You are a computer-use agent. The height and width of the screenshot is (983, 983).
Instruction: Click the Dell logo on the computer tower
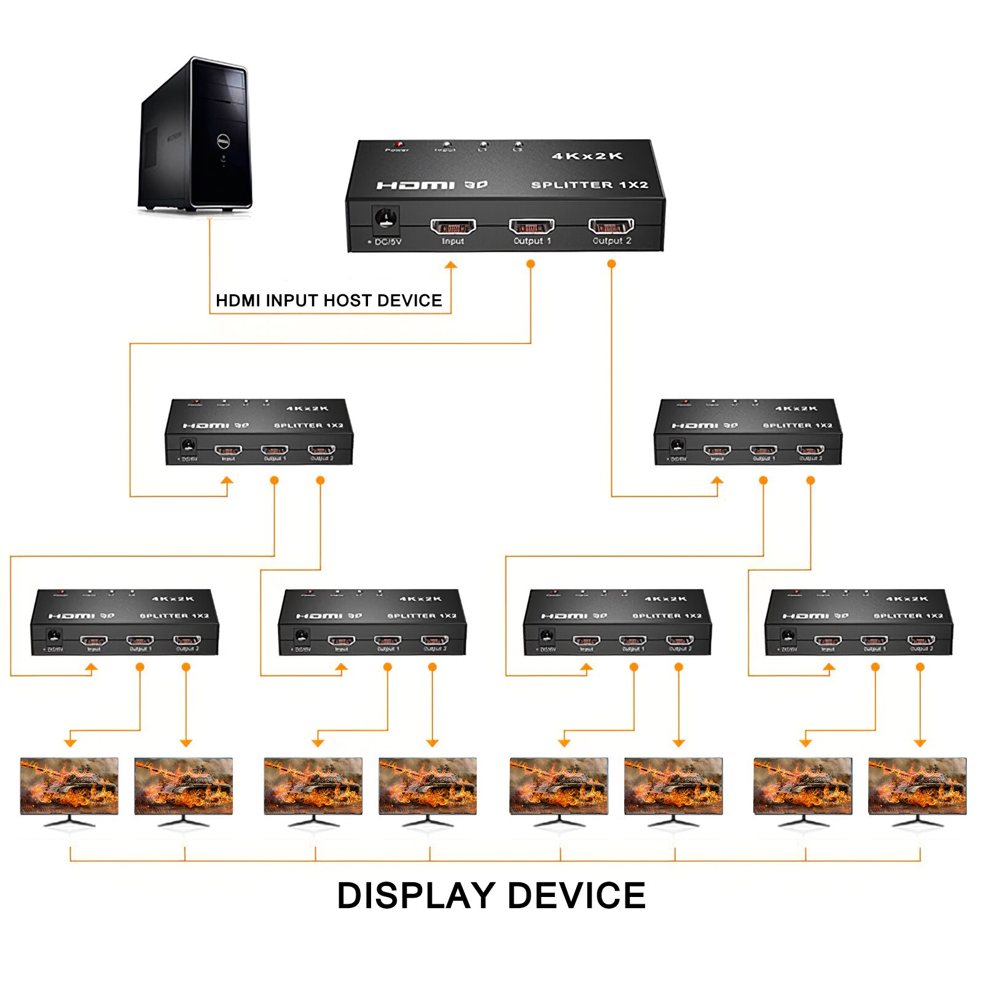(x=224, y=142)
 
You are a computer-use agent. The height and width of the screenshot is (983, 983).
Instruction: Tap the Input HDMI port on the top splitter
(x=453, y=227)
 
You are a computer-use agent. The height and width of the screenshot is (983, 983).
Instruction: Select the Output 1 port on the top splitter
(x=531, y=227)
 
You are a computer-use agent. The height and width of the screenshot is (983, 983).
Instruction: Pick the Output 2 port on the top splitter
(x=611, y=227)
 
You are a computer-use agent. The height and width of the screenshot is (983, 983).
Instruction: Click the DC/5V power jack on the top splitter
(x=386, y=218)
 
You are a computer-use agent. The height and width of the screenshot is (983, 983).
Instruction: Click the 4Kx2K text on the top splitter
(x=587, y=156)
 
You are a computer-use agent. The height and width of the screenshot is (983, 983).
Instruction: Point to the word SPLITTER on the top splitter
(x=571, y=184)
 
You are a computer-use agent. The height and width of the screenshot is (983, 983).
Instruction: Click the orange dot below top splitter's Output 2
(x=611, y=264)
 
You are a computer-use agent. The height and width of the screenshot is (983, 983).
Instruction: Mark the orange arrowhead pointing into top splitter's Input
(x=451, y=265)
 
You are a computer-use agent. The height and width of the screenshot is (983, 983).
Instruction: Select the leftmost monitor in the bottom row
(x=69, y=786)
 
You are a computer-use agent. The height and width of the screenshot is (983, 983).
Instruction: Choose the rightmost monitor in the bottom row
(x=917, y=786)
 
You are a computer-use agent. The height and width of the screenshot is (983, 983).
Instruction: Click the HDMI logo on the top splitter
(x=415, y=185)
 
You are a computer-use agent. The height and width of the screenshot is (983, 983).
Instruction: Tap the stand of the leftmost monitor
(x=69, y=821)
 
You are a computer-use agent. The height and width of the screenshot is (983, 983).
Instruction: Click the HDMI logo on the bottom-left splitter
(x=71, y=616)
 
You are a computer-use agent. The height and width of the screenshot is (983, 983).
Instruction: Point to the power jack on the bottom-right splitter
(x=788, y=635)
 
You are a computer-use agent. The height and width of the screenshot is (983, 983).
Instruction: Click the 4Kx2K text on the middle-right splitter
(x=796, y=409)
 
